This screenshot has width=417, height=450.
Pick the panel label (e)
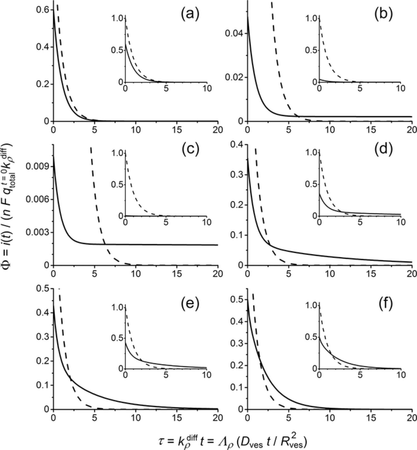click(190, 303)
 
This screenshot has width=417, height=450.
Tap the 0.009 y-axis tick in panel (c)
click(38, 166)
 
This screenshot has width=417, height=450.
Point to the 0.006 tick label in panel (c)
click(38, 199)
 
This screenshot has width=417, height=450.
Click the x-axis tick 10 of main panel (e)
click(135, 417)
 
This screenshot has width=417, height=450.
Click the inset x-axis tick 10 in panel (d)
click(400, 222)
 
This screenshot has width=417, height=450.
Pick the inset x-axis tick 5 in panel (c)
click(166, 222)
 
